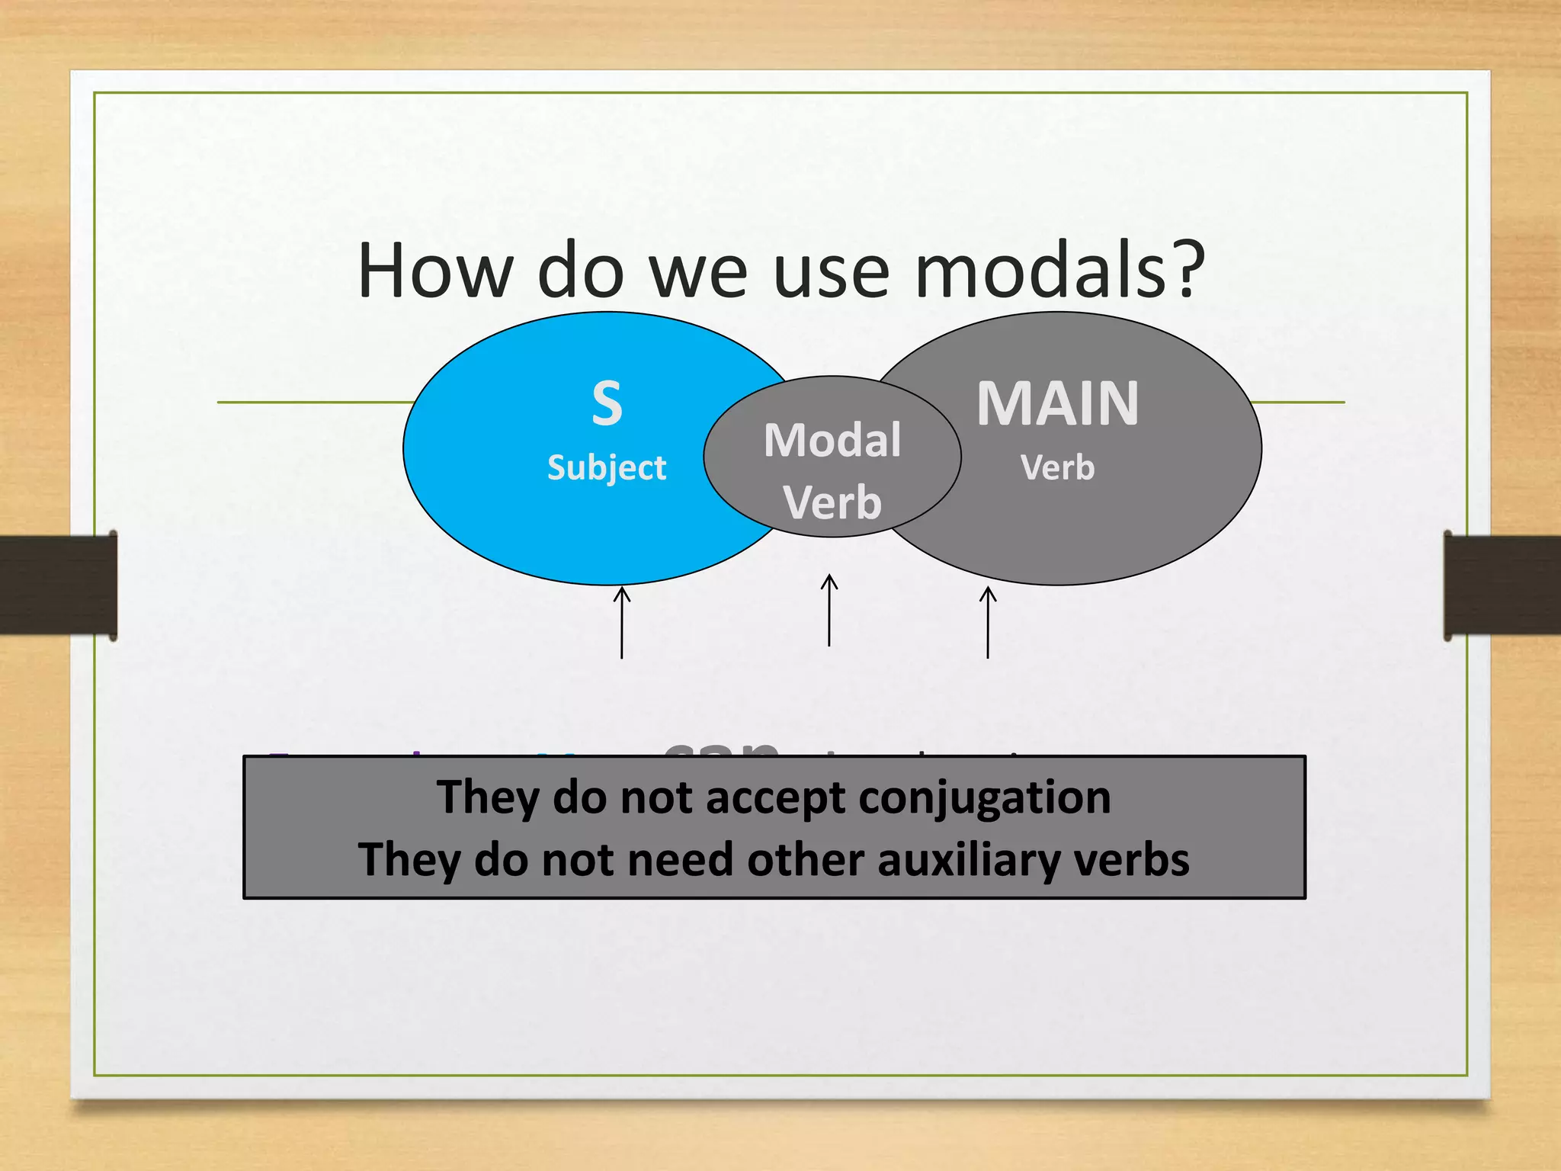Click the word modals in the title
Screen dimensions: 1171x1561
pyautogui.click(x=1040, y=271)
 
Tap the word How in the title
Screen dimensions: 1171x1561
pyautogui.click(x=434, y=271)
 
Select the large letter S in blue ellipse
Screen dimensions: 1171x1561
pyautogui.click(x=607, y=404)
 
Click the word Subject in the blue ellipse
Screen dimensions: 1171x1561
pyautogui.click(x=607, y=467)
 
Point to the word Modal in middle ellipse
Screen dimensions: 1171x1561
pyautogui.click(x=832, y=441)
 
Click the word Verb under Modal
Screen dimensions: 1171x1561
pyautogui.click(x=832, y=503)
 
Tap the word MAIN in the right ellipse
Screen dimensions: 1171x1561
pyautogui.click(x=1058, y=404)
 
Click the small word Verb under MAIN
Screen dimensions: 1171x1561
pyautogui.click(x=1058, y=467)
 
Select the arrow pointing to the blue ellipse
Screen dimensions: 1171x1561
pyautogui.click(x=622, y=621)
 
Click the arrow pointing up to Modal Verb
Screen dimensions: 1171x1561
pyautogui.click(x=829, y=610)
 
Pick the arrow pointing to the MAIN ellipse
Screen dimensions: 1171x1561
pyautogui.click(x=988, y=621)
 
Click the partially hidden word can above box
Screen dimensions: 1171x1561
pyautogui.click(x=721, y=747)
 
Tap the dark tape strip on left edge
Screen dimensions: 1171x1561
pyautogui.click(x=58, y=585)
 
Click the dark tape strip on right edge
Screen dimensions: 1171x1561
pyautogui.click(x=1502, y=585)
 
